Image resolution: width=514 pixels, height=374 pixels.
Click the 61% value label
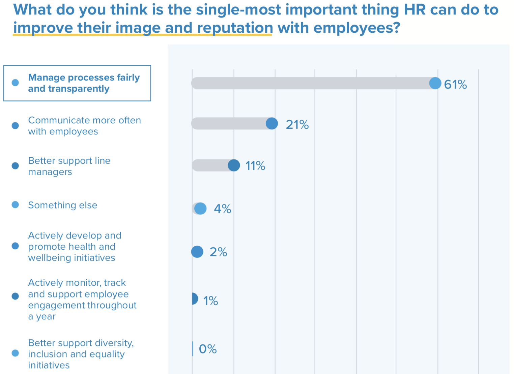(455, 84)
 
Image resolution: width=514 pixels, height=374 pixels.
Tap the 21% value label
(297, 125)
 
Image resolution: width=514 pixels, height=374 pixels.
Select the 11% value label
(255, 166)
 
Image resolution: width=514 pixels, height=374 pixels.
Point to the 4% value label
(222, 209)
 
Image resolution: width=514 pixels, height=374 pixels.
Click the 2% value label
(218, 252)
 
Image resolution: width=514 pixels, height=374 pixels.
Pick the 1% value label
(210, 301)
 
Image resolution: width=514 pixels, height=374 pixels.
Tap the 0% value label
(207, 349)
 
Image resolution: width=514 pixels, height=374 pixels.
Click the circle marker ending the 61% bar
(435, 83)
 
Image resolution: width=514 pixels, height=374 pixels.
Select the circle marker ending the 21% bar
(272, 124)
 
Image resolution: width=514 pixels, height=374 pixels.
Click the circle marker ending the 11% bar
(234, 165)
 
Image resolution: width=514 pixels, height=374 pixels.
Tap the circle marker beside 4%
(200, 209)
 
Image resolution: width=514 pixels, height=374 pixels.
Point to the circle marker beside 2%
(197, 251)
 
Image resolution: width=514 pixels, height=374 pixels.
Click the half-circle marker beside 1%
(194, 299)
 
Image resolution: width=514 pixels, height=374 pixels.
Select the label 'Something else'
(62, 205)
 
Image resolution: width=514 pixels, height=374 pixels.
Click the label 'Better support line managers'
(69, 166)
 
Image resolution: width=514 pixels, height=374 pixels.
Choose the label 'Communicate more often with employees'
(84, 126)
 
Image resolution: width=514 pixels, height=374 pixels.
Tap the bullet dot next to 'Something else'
(15, 205)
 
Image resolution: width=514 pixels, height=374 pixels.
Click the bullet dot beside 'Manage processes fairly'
(15, 83)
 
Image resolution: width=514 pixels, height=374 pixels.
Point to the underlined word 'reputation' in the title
(235, 28)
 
